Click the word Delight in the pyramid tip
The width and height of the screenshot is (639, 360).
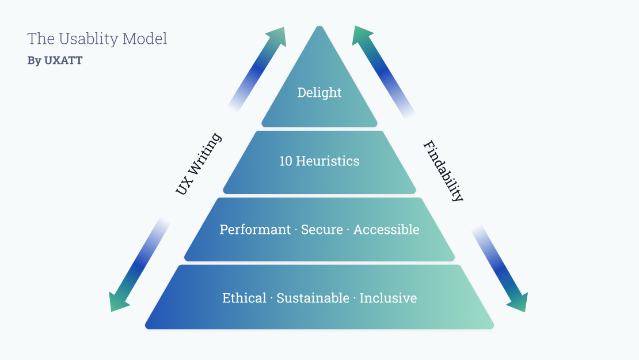point(319,93)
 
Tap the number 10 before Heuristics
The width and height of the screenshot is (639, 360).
point(286,161)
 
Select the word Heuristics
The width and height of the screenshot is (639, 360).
point(328,161)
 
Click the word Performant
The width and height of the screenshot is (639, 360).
point(255,229)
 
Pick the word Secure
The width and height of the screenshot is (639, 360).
point(322,229)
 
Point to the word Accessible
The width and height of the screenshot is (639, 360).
point(386,229)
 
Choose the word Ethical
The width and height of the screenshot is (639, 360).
point(244,298)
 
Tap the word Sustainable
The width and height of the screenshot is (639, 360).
point(313,298)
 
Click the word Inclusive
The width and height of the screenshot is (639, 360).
point(388,298)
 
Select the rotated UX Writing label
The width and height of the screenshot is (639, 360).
point(199,164)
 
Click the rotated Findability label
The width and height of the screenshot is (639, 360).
point(443,171)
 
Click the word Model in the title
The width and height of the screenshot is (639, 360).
point(144,39)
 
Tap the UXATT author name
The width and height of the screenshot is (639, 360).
point(63,60)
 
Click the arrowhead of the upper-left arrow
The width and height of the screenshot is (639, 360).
point(277,36)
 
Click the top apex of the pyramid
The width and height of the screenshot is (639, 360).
point(320,26)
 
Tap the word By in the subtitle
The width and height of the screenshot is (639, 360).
point(34,60)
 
